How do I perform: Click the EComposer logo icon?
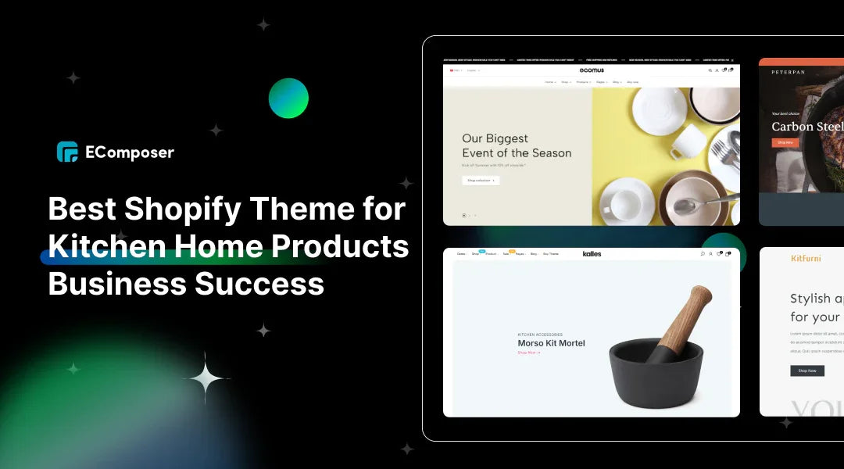point(67,152)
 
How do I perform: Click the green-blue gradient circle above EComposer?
point(288,98)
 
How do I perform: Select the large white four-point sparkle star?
point(206,378)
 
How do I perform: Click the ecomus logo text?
point(592,70)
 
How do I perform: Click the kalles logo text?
point(592,253)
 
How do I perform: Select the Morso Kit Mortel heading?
point(551,343)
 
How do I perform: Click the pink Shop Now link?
point(528,353)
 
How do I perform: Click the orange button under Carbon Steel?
point(785,142)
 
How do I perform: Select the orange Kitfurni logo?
point(806,259)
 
